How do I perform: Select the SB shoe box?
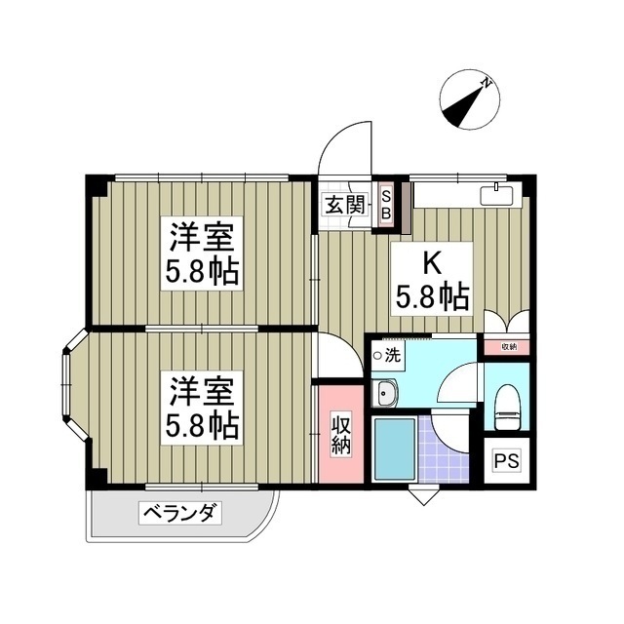click(385, 205)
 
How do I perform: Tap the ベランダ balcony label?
click(181, 511)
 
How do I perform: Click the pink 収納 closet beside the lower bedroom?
click(339, 434)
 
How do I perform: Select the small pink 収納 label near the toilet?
click(508, 346)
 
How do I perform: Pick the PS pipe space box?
click(507, 461)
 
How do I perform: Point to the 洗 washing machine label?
click(391, 356)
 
